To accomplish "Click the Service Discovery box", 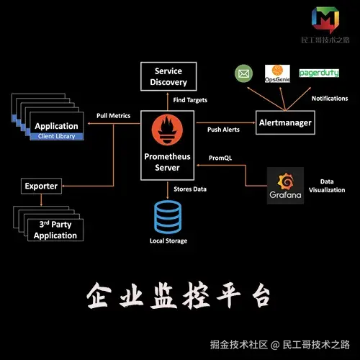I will (167, 76).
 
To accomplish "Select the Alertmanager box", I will (285, 123).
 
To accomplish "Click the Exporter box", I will (41, 186).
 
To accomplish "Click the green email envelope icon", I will (243, 73).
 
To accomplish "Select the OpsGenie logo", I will (278, 72).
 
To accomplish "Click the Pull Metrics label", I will (113, 116).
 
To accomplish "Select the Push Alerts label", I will (222, 130).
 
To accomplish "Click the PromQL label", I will (219, 157).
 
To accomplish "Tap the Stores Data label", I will (191, 189).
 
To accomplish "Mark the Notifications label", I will (330, 98).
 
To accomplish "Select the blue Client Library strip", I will (56, 136).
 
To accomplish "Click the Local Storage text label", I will (167, 241).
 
